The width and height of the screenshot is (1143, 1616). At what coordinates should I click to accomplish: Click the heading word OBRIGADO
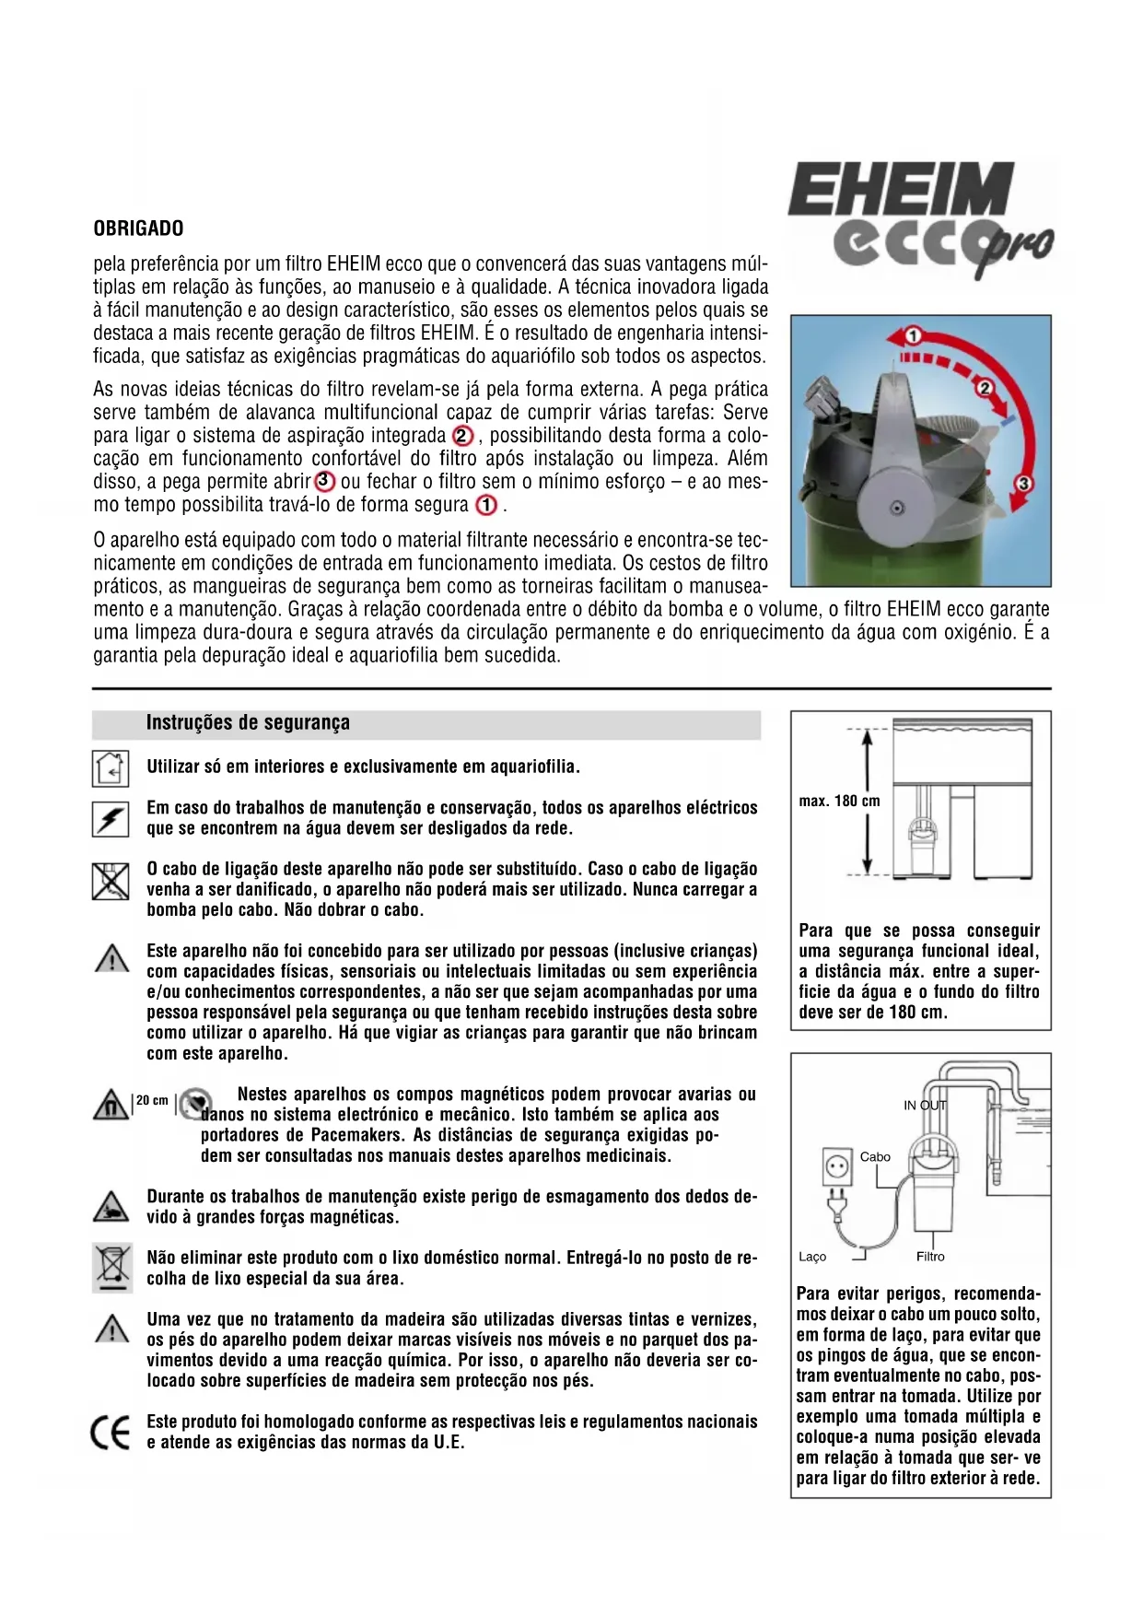coord(138,228)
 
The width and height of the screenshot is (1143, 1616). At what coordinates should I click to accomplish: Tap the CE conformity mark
coord(111,1433)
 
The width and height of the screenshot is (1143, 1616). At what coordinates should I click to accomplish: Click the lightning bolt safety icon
coord(110,818)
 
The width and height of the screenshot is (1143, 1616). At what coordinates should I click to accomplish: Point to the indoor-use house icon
coord(110,767)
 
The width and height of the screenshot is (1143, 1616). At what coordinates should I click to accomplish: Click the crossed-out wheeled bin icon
coord(111,1267)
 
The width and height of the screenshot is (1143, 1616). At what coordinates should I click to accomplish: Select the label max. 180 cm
coord(839,802)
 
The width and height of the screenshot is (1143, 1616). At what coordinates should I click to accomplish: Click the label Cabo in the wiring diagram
coord(875,1157)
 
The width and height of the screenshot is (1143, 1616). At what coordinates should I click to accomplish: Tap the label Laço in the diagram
coord(811,1257)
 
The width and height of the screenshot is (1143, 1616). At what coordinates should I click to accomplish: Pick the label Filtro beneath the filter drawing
coord(930,1257)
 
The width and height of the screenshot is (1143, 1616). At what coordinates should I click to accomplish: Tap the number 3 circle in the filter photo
coord(1024,483)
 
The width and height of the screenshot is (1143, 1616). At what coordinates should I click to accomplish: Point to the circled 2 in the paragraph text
coord(463,436)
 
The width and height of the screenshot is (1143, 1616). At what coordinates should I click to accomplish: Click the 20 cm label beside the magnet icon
coord(152,1100)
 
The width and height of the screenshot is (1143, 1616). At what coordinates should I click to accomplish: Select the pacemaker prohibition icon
coord(195,1104)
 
